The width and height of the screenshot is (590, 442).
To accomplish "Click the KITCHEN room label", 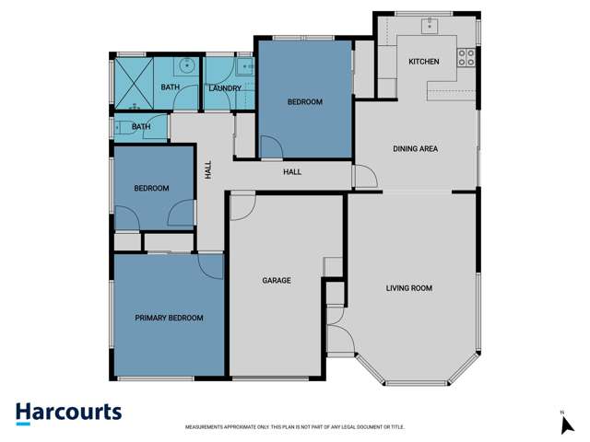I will [424, 62].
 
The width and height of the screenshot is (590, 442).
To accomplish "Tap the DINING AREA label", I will [415, 148].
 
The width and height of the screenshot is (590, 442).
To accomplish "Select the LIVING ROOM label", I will [408, 288].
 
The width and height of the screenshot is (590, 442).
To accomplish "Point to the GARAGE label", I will [277, 280].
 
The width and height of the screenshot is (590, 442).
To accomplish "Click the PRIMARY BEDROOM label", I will [169, 318].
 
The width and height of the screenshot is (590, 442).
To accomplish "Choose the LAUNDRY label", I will [225, 88].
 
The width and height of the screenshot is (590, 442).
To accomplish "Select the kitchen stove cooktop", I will [466, 58].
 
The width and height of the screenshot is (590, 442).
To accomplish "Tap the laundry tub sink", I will [245, 66].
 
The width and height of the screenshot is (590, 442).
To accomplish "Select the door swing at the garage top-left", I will [242, 206].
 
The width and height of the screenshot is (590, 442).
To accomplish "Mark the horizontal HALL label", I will [292, 171].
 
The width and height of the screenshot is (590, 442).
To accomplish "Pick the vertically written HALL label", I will [208, 171].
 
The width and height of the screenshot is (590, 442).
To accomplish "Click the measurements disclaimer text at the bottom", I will [295, 427].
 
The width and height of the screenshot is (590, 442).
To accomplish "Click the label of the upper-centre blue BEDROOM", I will [304, 102].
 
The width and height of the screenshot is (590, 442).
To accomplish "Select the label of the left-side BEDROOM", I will [151, 189].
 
